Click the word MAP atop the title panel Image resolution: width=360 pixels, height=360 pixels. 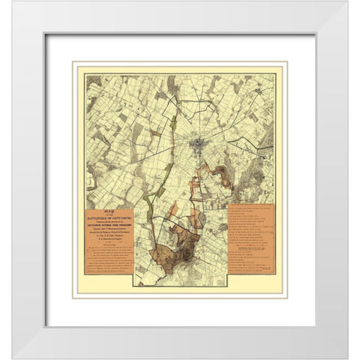tap(108, 212)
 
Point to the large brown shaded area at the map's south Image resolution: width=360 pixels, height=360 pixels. tap(173, 251)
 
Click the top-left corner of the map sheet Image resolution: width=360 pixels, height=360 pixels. tap(85, 73)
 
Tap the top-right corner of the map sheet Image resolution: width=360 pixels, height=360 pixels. tap(275, 73)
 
